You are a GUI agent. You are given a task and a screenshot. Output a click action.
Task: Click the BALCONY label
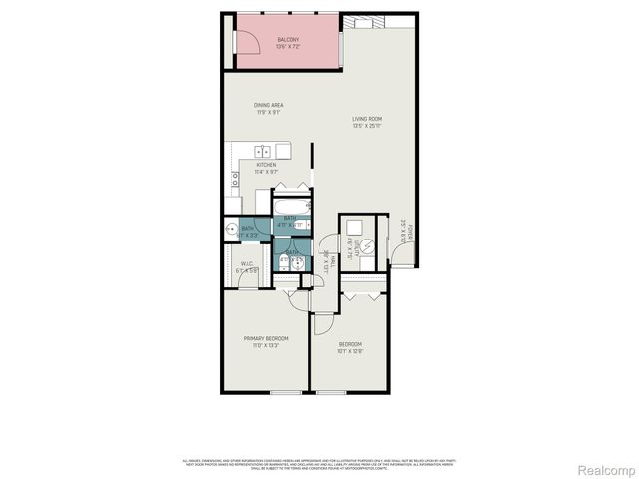288,40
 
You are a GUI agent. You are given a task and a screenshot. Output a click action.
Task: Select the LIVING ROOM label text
367,119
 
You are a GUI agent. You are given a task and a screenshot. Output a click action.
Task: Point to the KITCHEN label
265,164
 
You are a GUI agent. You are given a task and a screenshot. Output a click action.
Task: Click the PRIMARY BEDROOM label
265,338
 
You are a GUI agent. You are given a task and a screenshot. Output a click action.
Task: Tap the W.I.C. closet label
247,264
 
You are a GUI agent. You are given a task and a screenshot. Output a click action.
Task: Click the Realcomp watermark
606,469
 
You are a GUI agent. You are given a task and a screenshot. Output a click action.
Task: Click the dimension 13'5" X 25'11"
367,126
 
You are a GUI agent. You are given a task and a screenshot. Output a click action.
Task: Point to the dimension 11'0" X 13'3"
265,346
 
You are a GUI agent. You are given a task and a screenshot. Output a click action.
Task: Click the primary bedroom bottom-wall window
284,392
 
